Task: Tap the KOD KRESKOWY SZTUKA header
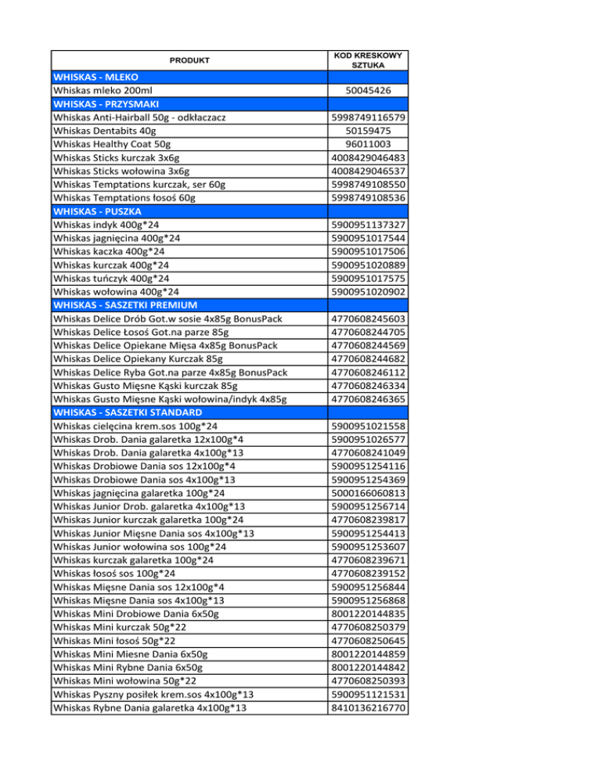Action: click(x=368, y=60)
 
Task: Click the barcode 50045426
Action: click(x=368, y=92)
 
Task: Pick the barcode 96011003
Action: click(x=368, y=143)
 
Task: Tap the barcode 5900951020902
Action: click(x=368, y=291)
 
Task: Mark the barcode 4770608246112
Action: click(x=368, y=372)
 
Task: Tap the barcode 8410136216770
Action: click(x=368, y=708)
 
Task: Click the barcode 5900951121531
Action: click(x=368, y=694)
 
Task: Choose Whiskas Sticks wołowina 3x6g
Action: click(x=121, y=171)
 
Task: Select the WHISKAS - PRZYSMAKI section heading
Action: click(x=106, y=104)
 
